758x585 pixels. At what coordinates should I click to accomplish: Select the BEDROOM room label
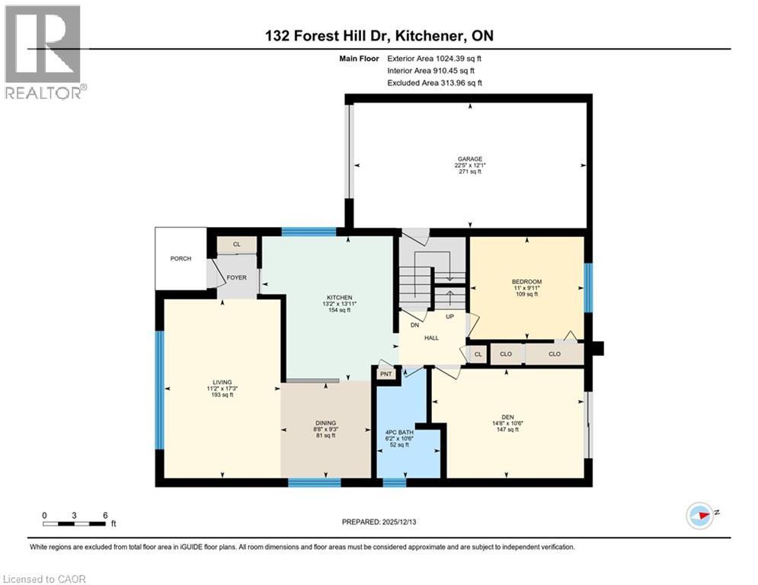tap(526, 281)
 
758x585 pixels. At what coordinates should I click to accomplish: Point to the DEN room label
tap(507, 417)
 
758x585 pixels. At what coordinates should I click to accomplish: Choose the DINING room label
tap(325, 423)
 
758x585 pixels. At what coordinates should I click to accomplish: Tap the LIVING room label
tap(222, 382)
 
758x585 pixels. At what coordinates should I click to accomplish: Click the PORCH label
tap(180, 258)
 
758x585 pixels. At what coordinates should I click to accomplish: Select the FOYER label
tap(236, 277)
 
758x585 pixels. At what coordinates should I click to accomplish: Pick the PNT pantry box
tap(385, 374)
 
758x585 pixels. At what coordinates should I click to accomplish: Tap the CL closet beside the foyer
tap(236, 245)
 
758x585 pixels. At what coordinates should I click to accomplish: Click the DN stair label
tap(415, 324)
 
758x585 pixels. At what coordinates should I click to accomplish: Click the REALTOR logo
tap(43, 52)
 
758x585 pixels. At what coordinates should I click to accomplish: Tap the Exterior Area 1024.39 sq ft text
tap(434, 58)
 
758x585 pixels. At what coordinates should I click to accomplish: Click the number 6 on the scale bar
tap(104, 515)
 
